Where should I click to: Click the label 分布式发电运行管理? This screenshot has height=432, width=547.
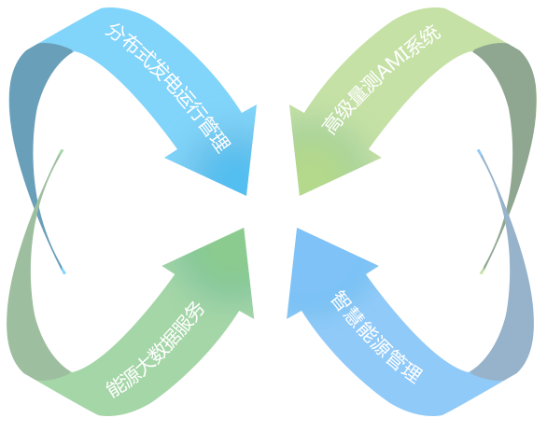(168, 89)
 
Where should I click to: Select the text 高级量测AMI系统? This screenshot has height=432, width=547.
(381, 79)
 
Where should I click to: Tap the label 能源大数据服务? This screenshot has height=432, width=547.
(155, 349)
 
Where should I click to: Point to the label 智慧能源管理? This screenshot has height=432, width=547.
(377, 337)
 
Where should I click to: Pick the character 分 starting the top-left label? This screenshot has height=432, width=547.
(114, 33)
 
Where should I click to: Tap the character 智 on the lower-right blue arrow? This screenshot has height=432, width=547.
(340, 300)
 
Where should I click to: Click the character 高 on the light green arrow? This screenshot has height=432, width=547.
(330, 126)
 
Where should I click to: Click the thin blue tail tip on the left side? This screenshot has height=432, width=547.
(64, 273)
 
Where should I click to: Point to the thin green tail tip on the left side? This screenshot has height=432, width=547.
(63, 150)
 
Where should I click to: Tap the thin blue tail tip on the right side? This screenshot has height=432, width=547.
(479, 150)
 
